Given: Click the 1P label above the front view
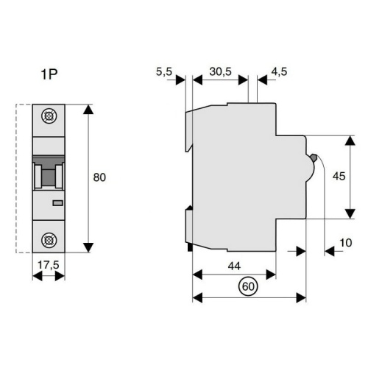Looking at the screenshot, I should tap(48, 75).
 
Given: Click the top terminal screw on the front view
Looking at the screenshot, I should tap(49, 116).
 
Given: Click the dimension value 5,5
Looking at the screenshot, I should tap(164, 71).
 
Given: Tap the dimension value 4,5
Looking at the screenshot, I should tap(280, 71).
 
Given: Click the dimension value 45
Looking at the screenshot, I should tap(339, 177).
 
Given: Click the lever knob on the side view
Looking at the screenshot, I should tap(314, 158).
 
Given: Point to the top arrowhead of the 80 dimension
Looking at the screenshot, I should tap(89, 110).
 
